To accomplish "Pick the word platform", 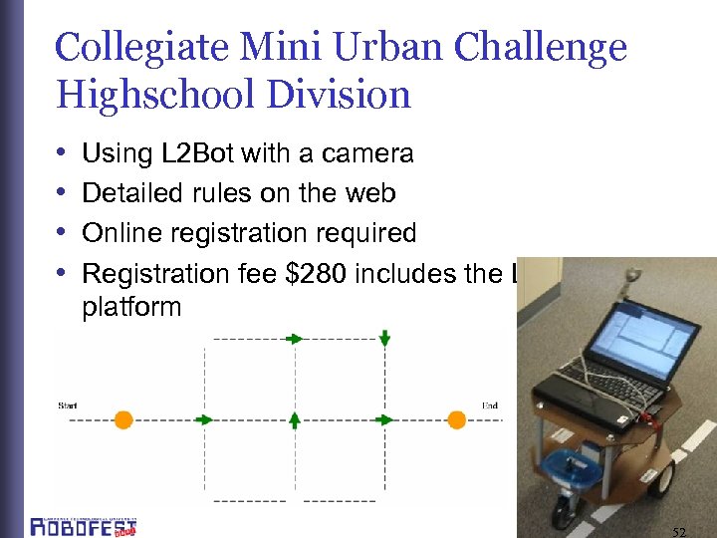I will coord(131,306).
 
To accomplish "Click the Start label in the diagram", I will coord(68,405).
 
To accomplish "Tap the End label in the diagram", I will coord(489,405).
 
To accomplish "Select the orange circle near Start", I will coord(123,419).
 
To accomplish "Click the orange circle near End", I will coord(456,419).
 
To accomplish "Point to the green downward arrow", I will coord(384,340).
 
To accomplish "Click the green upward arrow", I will coord(295,418).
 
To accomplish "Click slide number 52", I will coord(679,531).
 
